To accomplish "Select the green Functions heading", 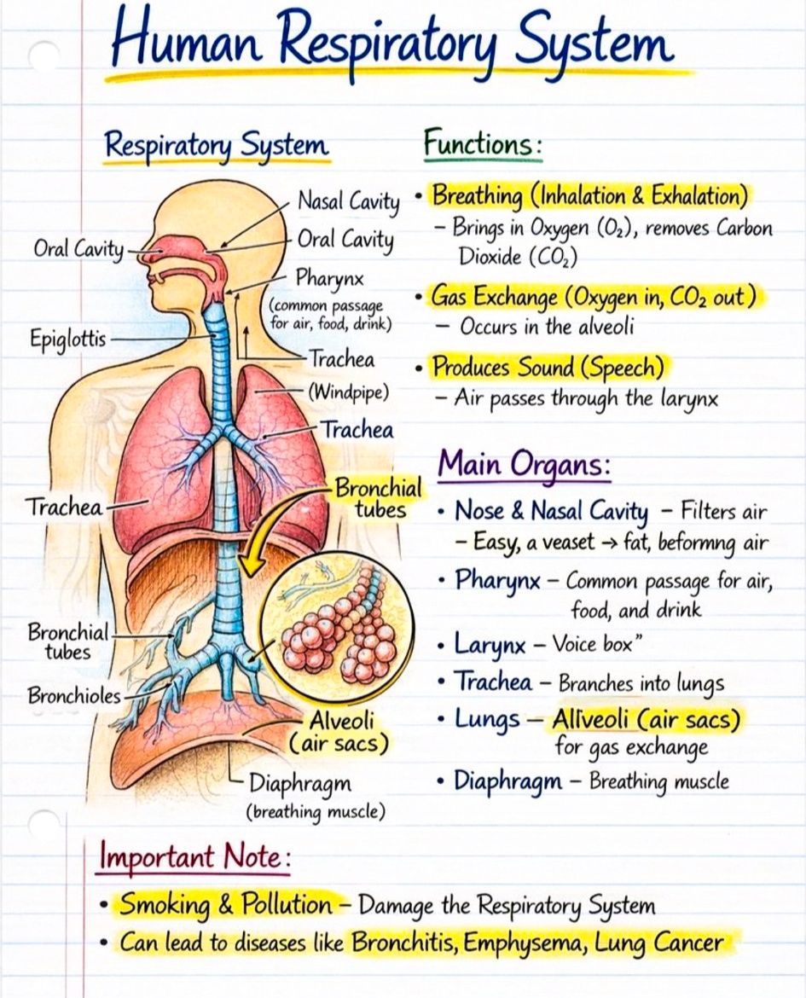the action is [483, 142].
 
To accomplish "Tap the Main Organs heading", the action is [524, 464].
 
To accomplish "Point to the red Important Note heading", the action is [194, 856].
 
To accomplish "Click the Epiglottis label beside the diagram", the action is [68, 338].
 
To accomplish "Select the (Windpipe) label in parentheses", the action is [348, 392].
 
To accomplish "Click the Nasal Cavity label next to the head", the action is [349, 202].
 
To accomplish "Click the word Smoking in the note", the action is [165, 904].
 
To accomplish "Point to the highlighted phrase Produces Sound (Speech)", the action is [548, 368].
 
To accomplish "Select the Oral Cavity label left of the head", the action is [79, 248].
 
